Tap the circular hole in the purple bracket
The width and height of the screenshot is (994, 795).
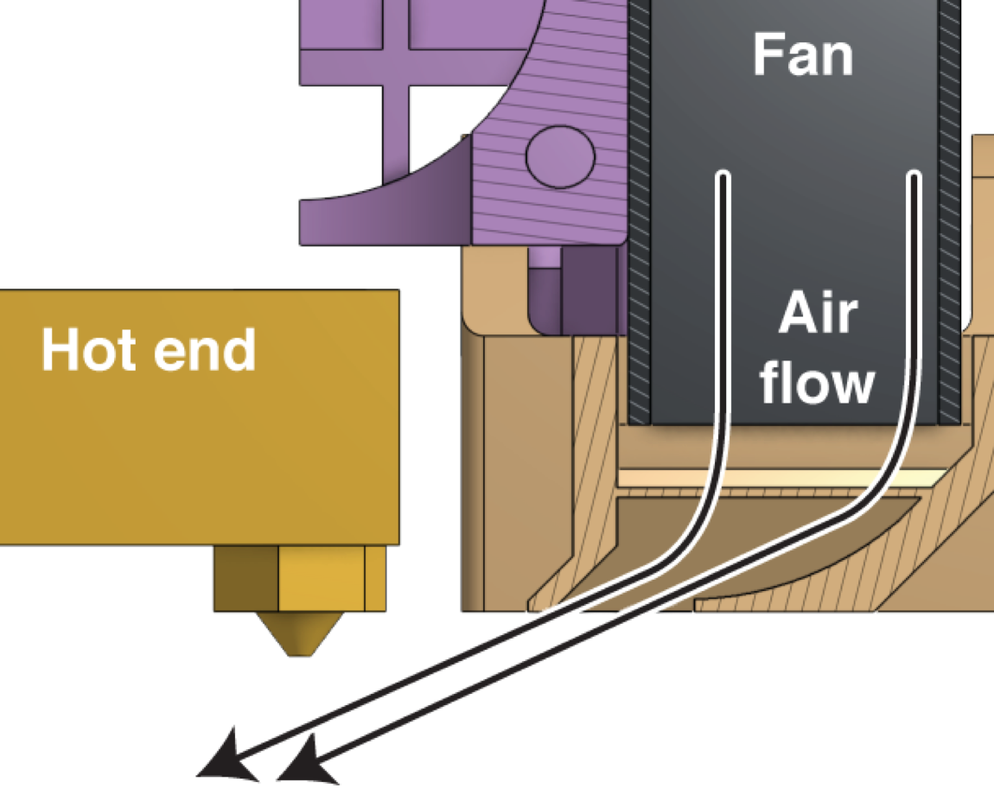click(560, 156)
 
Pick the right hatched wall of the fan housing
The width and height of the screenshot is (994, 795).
click(951, 216)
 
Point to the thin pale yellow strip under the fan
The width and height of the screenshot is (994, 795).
click(778, 477)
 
